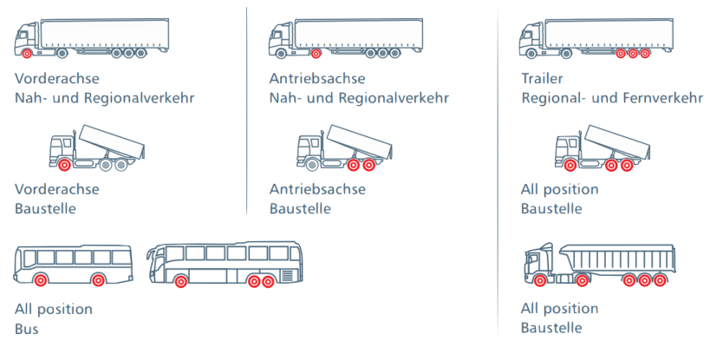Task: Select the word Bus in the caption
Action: pyautogui.click(x=26, y=329)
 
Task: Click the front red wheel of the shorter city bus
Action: pyautogui.click(x=41, y=279)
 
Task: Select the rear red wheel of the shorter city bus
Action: pyautogui.click(x=98, y=279)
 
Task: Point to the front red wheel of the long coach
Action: pyautogui.click(x=180, y=281)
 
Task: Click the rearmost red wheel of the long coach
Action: pyautogui.click(x=269, y=281)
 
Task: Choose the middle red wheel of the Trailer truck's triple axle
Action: pyautogui.click(x=633, y=54)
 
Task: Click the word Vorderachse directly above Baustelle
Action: pyautogui.click(x=57, y=189)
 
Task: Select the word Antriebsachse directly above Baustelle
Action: pyautogui.click(x=317, y=189)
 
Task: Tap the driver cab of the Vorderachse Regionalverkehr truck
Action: pyautogui.click(x=27, y=36)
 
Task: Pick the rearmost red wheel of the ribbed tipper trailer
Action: pyautogui.click(x=661, y=280)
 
